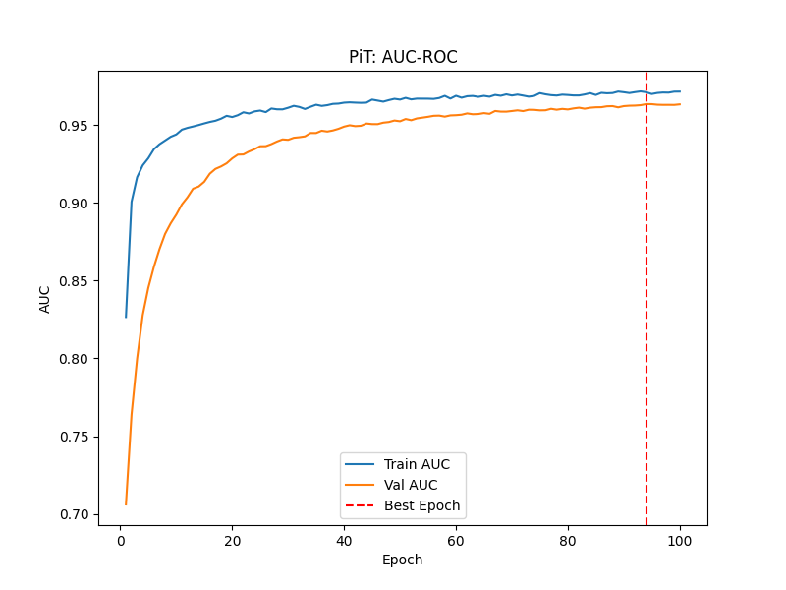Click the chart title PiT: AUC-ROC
(x=403, y=57)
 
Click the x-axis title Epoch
(x=403, y=560)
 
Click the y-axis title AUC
(x=45, y=298)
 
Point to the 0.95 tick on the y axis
(x=77, y=126)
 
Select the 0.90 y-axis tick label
(x=77, y=204)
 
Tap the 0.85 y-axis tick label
(x=77, y=281)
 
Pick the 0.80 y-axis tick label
(x=77, y=359)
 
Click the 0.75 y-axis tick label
(x=77, y=437)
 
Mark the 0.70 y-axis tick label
(x=77, y=514)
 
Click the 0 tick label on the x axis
(x=120, y=540)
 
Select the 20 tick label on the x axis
(x=232, y=540)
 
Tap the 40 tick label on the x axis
(x=344, y=540)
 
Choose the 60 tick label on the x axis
(x=456, y=540)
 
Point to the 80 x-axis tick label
(x=568, y=540)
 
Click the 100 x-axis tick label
(x=680, y=540)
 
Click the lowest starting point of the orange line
(x=126, y=504)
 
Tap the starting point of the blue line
(x=126, y=317)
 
